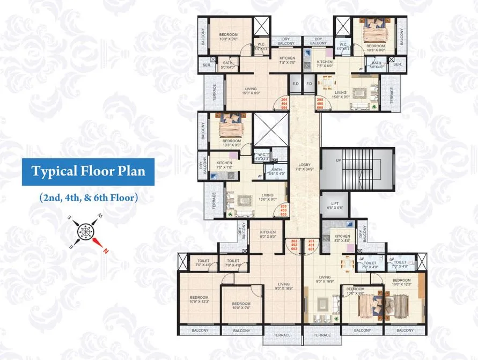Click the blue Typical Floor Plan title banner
click(x=88, y=172)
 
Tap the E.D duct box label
click(x=295, y=84)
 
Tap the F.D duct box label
click(x=309, y=84)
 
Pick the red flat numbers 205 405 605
click(x=320, y=104)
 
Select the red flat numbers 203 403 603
click(x=284, y=210)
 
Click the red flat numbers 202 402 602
click(x=293, y=245)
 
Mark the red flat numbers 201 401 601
click(x=311, y=245)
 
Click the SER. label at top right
click(x=398, y=64)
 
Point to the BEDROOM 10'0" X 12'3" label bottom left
click(x=199, y=299)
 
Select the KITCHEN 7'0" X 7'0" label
click(x=224, y=165)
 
